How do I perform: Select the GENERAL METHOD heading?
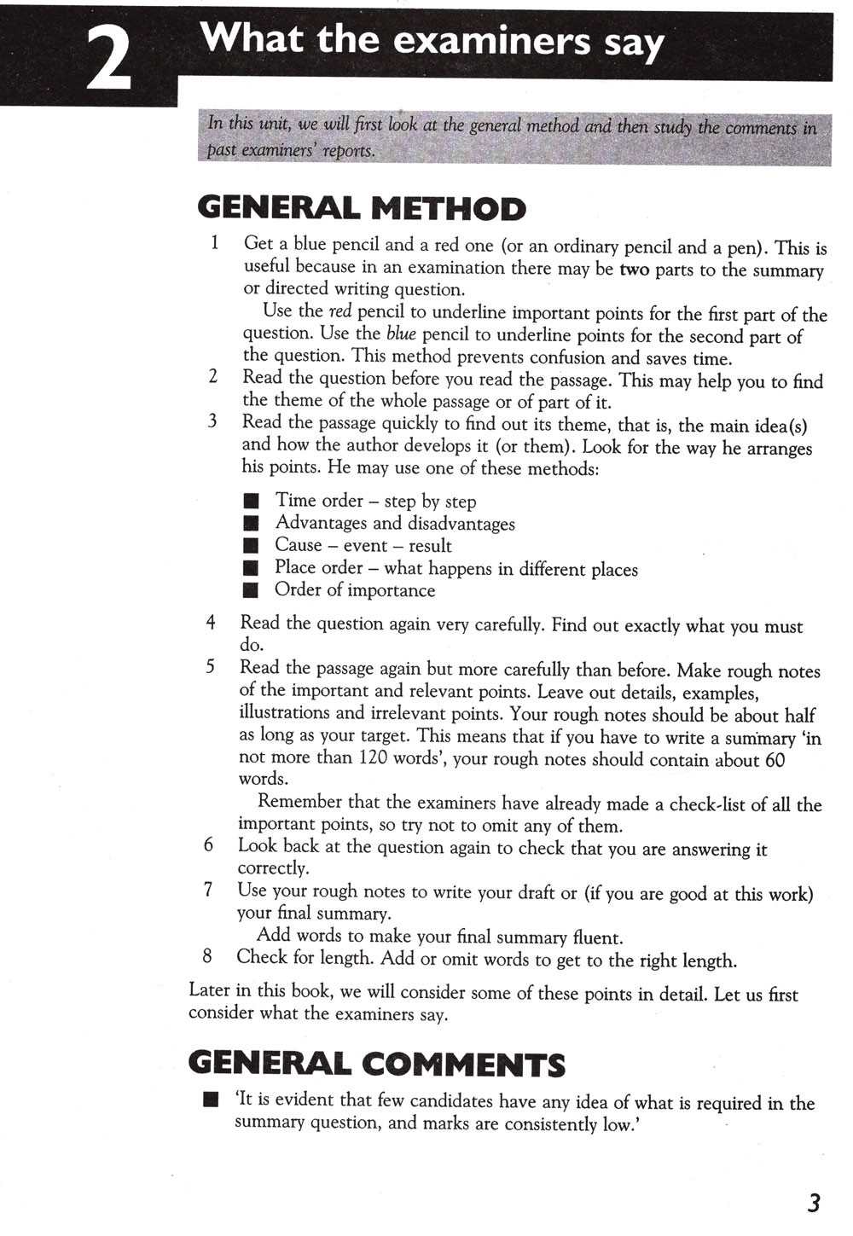362,208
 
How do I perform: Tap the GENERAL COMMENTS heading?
376,1065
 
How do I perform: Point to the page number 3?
813,1203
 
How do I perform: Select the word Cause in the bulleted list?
298,545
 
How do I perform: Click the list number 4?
210,623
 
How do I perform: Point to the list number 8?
207,956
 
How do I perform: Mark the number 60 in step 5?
775,759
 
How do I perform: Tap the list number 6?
208,845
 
